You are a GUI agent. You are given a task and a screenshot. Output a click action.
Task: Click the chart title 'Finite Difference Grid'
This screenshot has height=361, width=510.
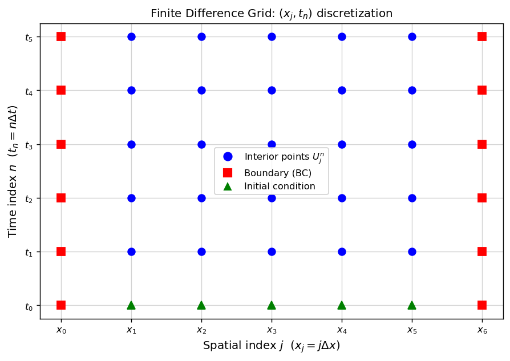pyautogui.click(x=272, y=13)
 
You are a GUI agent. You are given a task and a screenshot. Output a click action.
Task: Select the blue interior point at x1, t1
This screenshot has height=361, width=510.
pyautogui.click(x=131, y=252)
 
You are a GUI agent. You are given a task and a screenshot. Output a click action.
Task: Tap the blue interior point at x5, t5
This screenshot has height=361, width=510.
pyautogui.click(x=412, y=36)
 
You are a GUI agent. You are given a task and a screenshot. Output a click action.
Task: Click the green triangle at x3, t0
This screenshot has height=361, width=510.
pyautogui.click(x=272, y=305)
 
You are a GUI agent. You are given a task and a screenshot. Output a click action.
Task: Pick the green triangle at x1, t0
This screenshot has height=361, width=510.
pyautogui.click(x=131, y=305)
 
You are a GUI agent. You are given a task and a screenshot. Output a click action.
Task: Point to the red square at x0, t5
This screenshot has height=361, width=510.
pyautogui.click(x=61, y=36)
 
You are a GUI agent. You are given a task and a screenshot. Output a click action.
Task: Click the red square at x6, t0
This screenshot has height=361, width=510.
pyautogui.click(x=482, y=305)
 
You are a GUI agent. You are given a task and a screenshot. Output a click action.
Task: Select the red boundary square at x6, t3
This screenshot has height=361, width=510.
pyautogui.click(x=482, y=144)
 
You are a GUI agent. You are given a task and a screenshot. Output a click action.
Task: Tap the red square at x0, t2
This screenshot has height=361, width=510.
pyautogui.click(x=61, y=198)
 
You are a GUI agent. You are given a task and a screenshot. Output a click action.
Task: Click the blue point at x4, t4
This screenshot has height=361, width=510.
pyautogui.click(x=342, y=90)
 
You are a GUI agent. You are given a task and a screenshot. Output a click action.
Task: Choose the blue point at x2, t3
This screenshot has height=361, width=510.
pyautogui.click(x=201, y=144)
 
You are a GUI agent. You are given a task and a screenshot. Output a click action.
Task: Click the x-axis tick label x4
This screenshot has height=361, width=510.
pyautogui.click(x=342, y=330)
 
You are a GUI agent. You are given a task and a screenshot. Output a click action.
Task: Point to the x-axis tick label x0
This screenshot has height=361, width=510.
pyautogui.click(x=61, y=330)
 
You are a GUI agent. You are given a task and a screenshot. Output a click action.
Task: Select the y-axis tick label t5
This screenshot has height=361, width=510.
pyautogui.click(x=29, y=37)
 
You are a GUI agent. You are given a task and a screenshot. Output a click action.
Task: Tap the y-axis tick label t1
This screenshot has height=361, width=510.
pyautogui.click(x=29, y=252)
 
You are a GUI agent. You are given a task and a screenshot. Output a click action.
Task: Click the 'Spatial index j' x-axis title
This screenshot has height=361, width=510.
pyautogui.click(x=272, y=346)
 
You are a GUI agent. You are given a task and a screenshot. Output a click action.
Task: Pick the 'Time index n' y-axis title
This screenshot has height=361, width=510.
pyautogui.click(x=13, y=171)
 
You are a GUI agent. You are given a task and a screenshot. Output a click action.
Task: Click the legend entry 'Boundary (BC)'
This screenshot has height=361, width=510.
pyautogui.click(x=277, y=173)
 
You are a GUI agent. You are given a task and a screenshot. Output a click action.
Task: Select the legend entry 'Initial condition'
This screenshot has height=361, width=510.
pyautogui.click(x=280, y=186)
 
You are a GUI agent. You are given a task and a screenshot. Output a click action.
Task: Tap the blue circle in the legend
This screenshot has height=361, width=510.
pyautogui.click(x=228, y=156)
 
